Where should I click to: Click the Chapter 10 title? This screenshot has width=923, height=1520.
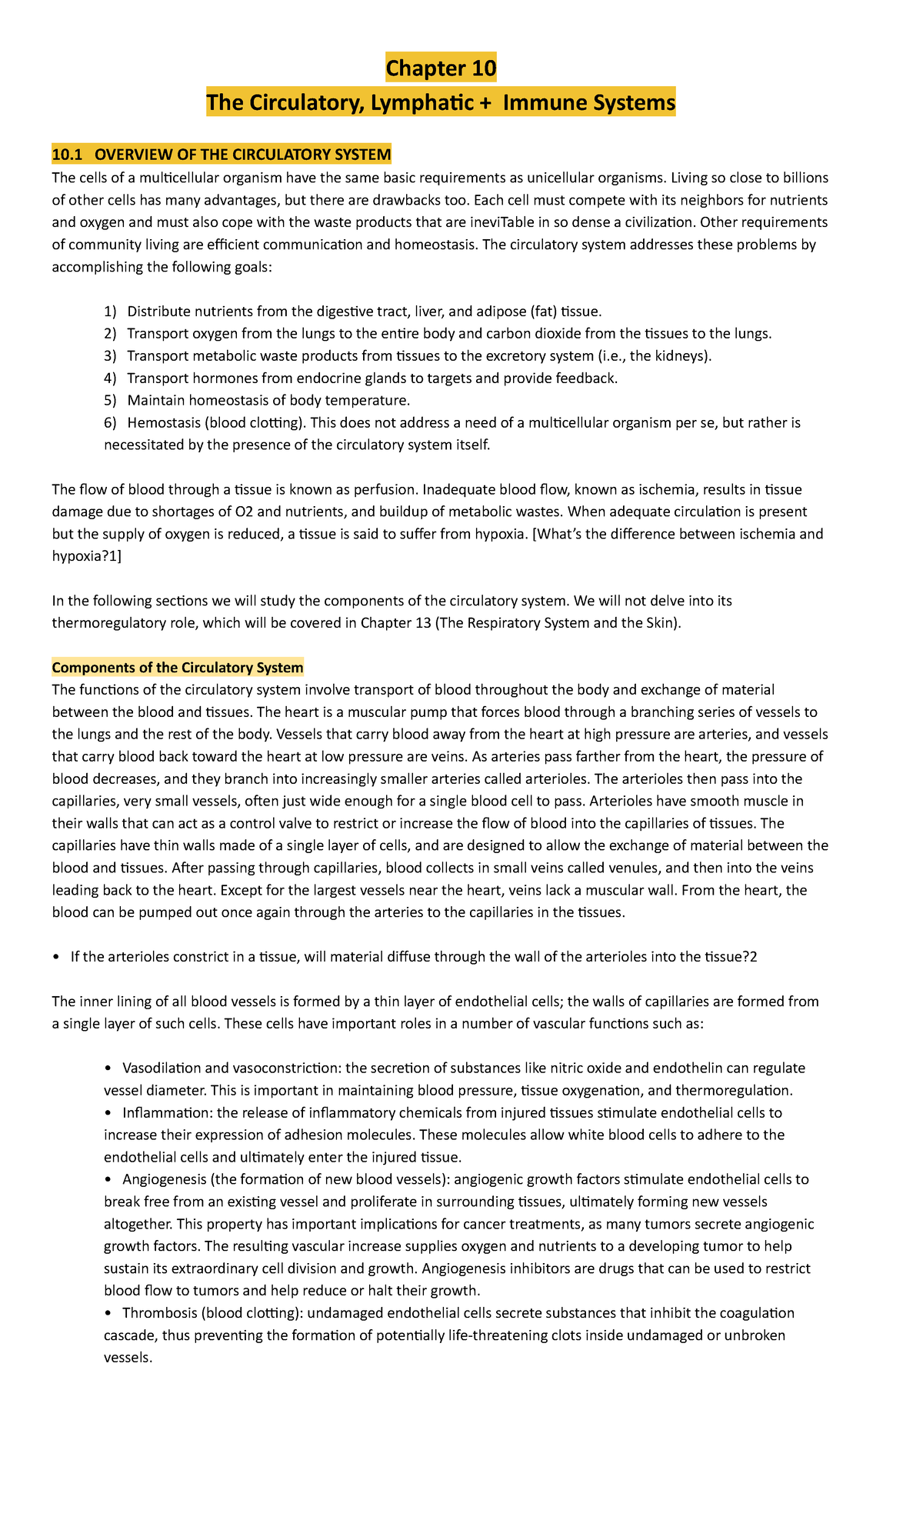pos(441,68)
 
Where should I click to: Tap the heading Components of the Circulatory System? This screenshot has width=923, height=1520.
pos(178,667)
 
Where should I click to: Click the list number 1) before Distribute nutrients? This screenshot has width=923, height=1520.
pos(111,312)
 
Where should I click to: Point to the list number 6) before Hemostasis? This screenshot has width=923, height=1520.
pos(111,423)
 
